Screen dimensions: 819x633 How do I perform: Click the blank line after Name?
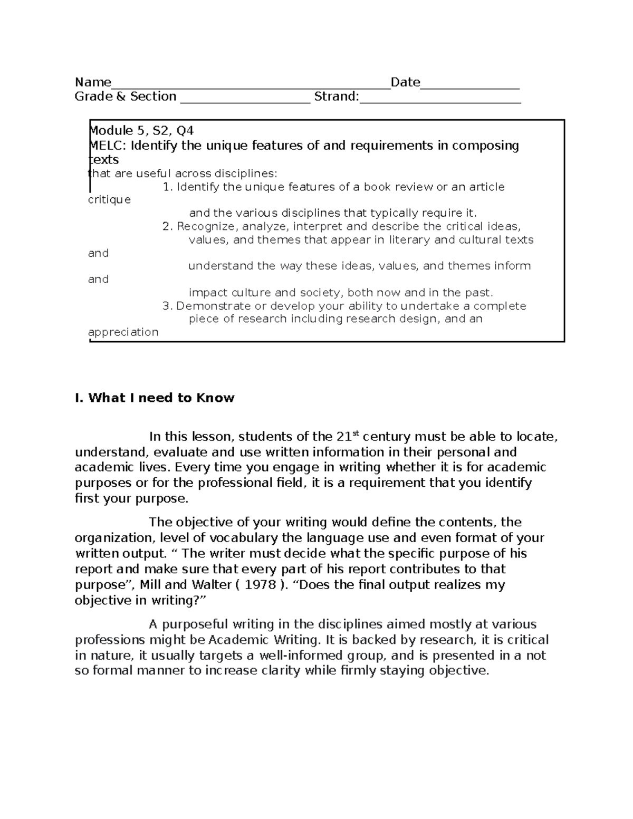tap(251, 84)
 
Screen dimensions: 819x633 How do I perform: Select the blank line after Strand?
tap(440, 98)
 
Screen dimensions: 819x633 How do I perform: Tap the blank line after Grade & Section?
tap(245, 98)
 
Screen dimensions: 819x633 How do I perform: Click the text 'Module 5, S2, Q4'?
tap(141, 131)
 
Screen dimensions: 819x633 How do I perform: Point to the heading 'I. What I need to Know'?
tap(155, 398)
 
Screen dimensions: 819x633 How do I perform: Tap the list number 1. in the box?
tap(168, 187)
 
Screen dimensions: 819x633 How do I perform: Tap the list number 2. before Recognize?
tap(168, 227)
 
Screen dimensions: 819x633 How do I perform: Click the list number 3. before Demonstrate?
tap(168, 306)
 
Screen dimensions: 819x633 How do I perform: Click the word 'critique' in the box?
tap(109, 200)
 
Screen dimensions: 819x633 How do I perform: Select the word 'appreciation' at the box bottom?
tap(123, 332)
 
